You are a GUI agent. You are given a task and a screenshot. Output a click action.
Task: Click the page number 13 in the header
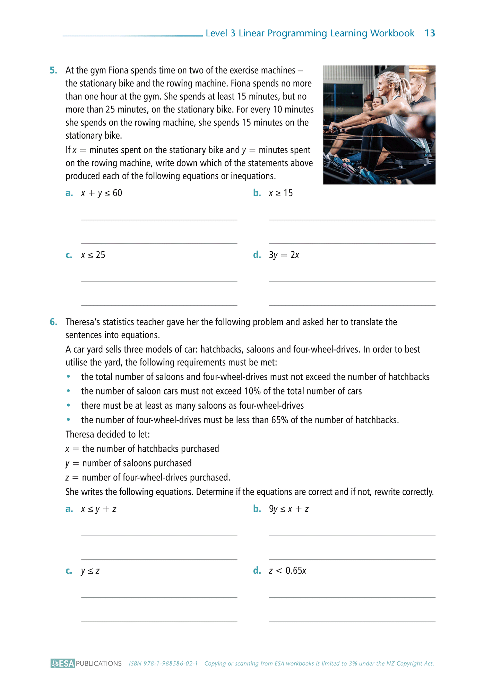430,33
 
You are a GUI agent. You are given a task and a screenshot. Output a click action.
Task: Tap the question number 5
53,70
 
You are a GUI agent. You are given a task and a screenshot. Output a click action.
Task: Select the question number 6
53,322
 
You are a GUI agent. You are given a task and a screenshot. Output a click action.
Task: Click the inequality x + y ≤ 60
102,193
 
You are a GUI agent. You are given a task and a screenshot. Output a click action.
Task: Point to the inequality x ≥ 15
280,193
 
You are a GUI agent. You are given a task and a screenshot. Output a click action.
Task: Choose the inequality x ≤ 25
93,255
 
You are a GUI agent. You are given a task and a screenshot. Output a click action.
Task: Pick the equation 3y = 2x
284,255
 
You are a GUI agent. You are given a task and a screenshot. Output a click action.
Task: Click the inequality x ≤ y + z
98,509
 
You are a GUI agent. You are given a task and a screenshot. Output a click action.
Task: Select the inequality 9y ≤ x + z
288,509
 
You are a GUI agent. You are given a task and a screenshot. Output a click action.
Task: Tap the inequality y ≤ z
90,571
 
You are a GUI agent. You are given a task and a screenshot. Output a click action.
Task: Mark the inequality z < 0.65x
287,571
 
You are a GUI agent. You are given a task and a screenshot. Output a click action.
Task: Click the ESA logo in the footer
63,663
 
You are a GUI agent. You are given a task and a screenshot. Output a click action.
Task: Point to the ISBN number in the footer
163,663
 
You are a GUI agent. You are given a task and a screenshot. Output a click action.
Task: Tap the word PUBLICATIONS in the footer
99,663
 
